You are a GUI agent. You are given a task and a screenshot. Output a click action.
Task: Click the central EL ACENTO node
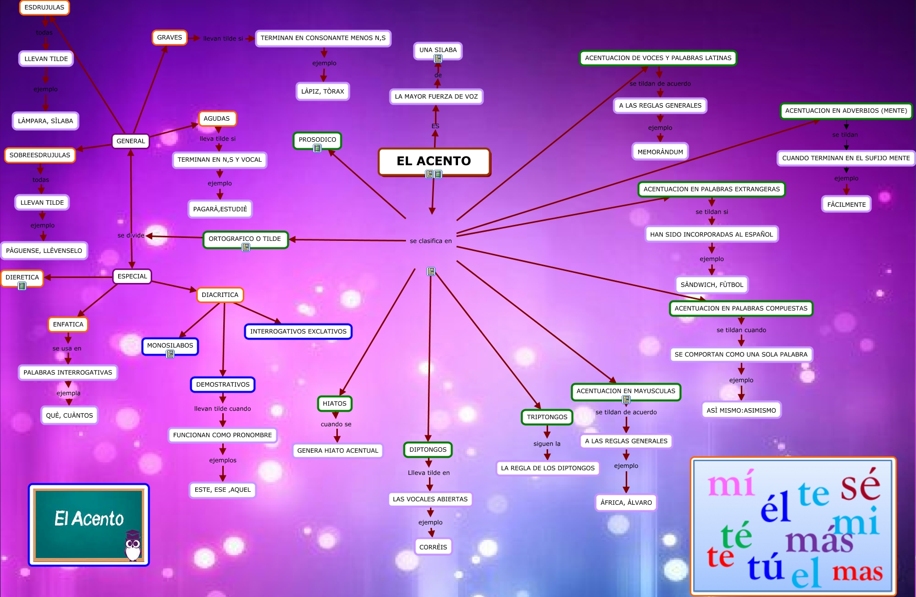click(434, 161)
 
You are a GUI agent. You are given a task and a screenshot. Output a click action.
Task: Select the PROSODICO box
click(317, 140)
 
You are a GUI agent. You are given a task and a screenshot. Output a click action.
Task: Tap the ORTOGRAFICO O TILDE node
click(245, 239)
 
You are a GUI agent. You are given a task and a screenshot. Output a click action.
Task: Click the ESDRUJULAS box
click(45, 8)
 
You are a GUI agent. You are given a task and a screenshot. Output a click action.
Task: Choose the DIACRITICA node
click(220, 295)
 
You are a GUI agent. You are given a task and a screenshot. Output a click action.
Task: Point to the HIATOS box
click(334, 404)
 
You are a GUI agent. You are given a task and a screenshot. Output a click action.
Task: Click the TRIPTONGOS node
click(547, 417)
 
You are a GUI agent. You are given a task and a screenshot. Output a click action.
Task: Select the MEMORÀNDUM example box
click(660, 152)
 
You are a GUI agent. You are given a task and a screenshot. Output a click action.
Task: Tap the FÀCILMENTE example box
click(846, 204)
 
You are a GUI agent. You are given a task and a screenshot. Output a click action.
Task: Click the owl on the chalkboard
click(133, 546)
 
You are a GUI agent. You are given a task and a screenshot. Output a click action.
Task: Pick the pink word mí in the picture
click(731, 484)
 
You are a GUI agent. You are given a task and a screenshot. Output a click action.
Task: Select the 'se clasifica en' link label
click(430, 241)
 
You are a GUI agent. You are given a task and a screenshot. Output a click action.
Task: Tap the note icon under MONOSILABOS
click(170, 354)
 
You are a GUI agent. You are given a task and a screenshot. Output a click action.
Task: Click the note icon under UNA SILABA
click(438, 59)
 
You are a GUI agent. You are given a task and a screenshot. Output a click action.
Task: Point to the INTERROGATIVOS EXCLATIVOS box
click(298, 332)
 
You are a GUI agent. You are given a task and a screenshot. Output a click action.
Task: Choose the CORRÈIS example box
click(433, 547)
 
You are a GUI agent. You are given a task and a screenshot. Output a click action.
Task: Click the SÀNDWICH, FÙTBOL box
click(712, 285)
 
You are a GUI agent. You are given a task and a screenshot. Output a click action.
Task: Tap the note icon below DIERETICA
click(22, 286)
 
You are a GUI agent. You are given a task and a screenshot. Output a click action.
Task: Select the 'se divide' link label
click(131, 235)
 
